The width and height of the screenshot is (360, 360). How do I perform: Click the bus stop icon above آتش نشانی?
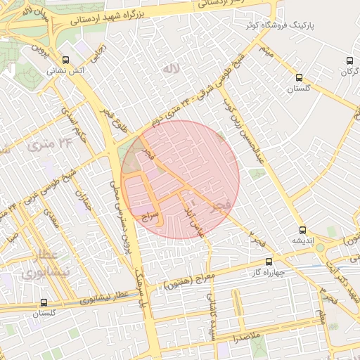click(x=65, y=60)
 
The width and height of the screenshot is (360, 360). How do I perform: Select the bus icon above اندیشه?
click(x=302, y=229)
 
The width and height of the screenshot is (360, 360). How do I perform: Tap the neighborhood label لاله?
click(x=168, y=69)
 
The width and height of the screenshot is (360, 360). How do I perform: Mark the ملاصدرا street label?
click(x=248, y=337)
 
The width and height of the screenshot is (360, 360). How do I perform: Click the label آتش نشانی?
click(x=65, y=71)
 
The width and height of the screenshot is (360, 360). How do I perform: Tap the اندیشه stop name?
click(x=302, y=240)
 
